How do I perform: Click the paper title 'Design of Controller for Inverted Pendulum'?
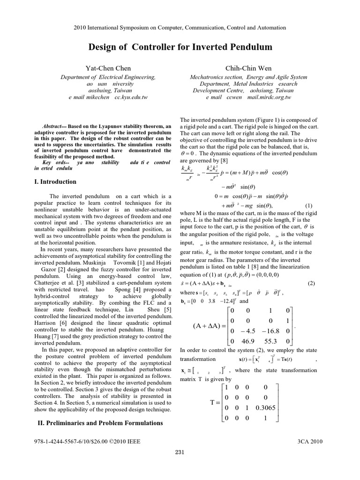(180, 47)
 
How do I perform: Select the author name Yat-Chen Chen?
(108, 68)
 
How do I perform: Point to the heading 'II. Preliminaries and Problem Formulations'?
(100, 423)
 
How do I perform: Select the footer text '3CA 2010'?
(310, 441)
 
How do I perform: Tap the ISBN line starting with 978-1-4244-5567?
(87, 441)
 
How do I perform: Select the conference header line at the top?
(180, 28)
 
